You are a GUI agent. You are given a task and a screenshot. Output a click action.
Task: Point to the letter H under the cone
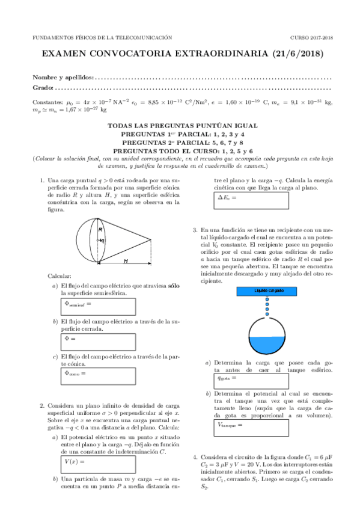(x=126, y=261)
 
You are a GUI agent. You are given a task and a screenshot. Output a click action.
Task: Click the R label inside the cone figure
(x=101, y=230)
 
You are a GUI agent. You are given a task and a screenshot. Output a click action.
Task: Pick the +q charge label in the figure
(x=102, y=240)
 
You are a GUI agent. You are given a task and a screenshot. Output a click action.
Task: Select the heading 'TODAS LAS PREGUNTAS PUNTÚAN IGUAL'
(x=180, y=126)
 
